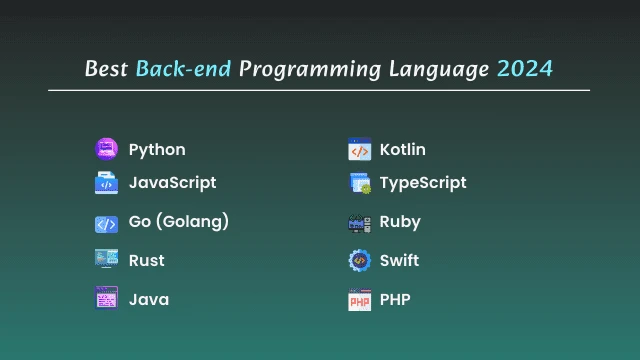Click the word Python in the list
click(157, 150)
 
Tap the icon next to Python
click(106, 150)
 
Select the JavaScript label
click(172, 183)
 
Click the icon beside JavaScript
click(106, 183)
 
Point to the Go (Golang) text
click(179, 222)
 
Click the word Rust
click(147, 260)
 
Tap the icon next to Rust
click(106, 260)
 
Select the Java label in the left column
click(149, 299)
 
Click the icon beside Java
click(106, 298)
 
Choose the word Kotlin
click(403, 150)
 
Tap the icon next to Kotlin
click(359, 150)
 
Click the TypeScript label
click(423, 183)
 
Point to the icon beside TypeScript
click(360, 184)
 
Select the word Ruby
click(400, 222)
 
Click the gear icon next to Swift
click(359, 260)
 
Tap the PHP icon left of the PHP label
click(359, 300)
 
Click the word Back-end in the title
click(183, 69)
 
